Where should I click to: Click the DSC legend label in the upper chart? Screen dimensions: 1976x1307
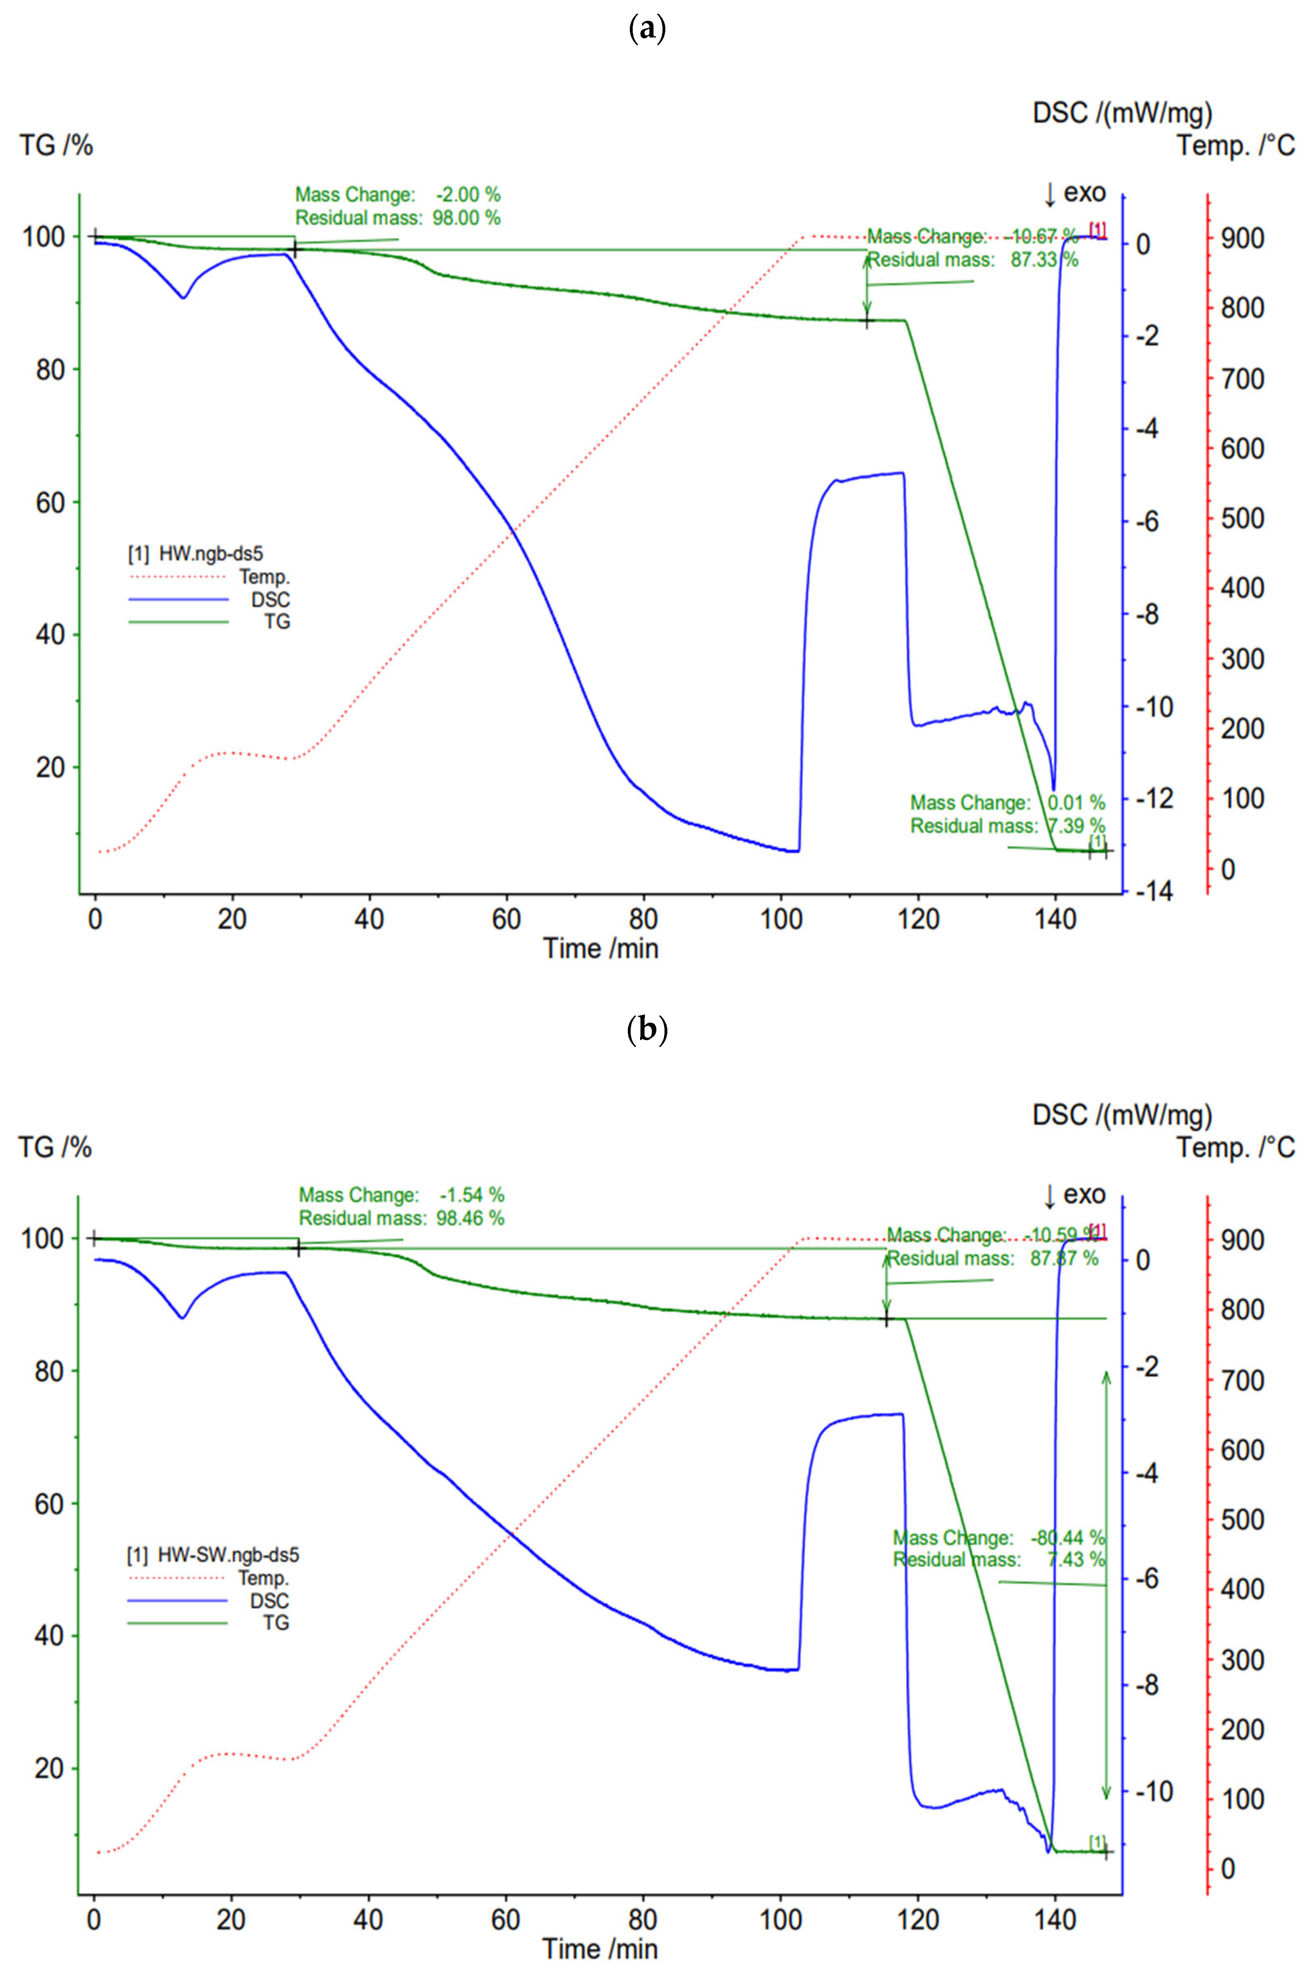click(270, 599)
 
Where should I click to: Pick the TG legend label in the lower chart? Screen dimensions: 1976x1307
click(275, 1623)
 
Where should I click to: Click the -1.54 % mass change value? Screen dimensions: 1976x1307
click(472, 1194)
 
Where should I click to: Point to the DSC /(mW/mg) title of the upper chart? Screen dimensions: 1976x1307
click(1122, 112)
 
